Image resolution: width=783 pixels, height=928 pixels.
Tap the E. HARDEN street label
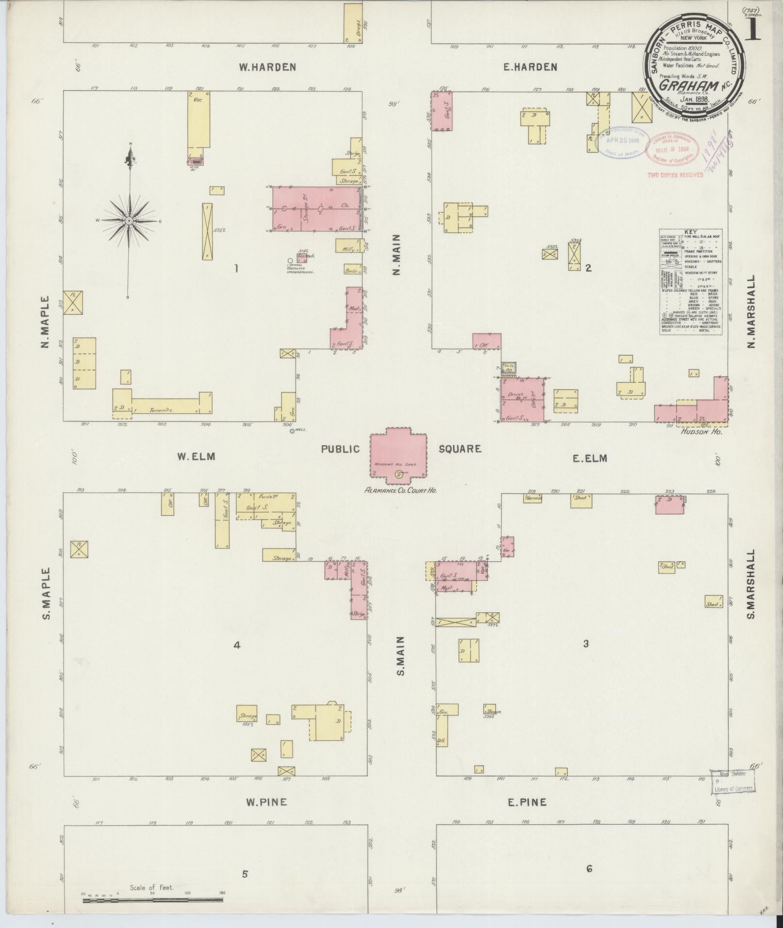(530, 67)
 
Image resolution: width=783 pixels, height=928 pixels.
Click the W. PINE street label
(266, 802)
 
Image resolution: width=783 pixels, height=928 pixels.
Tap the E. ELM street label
(590, 457)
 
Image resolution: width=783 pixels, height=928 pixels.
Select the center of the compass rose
(129, 221)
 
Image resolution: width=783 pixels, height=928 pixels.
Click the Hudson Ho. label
(701, 431)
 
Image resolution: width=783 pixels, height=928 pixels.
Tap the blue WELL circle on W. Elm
(292, 431)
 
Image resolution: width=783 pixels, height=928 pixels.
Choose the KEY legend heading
(690, 232)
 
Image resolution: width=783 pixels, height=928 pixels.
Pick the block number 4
(237, 645)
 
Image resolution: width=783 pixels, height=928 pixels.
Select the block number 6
(589, 869)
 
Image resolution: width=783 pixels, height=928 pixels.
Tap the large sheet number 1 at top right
(752, 30)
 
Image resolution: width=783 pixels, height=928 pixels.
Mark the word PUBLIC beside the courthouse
(340, 449)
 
